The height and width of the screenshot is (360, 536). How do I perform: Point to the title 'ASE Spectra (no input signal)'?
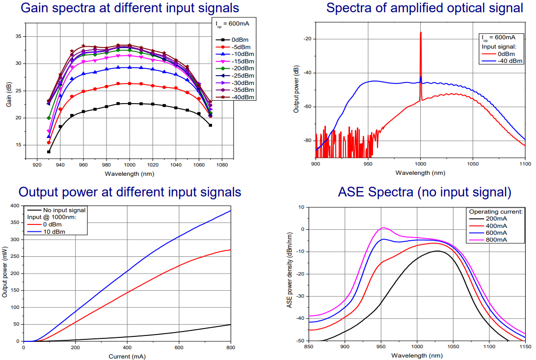pyautogui.click(x=425, y=192)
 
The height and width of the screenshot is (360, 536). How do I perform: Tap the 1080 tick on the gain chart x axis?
pyautogui.click(x=222, y=165)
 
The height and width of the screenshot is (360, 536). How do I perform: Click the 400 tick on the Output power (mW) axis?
pyautogui.click(x=15, y=205)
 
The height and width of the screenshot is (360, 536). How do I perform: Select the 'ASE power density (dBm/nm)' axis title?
pyautogui.click(x=290, y=274)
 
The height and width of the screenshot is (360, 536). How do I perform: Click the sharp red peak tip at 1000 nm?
pyautogui.click(x=421, y=33)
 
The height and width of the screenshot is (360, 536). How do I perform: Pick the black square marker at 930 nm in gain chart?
pyautogui.click(x=49, y=152)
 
